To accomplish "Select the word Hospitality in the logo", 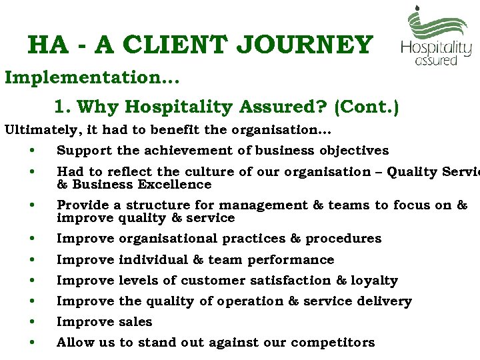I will [436, 48].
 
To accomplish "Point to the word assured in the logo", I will [436, 61].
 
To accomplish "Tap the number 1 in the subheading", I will [59, 107].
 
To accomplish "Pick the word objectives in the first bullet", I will [355, 150].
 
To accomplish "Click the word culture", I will [197, 171].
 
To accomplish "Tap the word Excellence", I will [177, 184].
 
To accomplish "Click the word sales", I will [135, 321].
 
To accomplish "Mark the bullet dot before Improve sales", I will [32, 322].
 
